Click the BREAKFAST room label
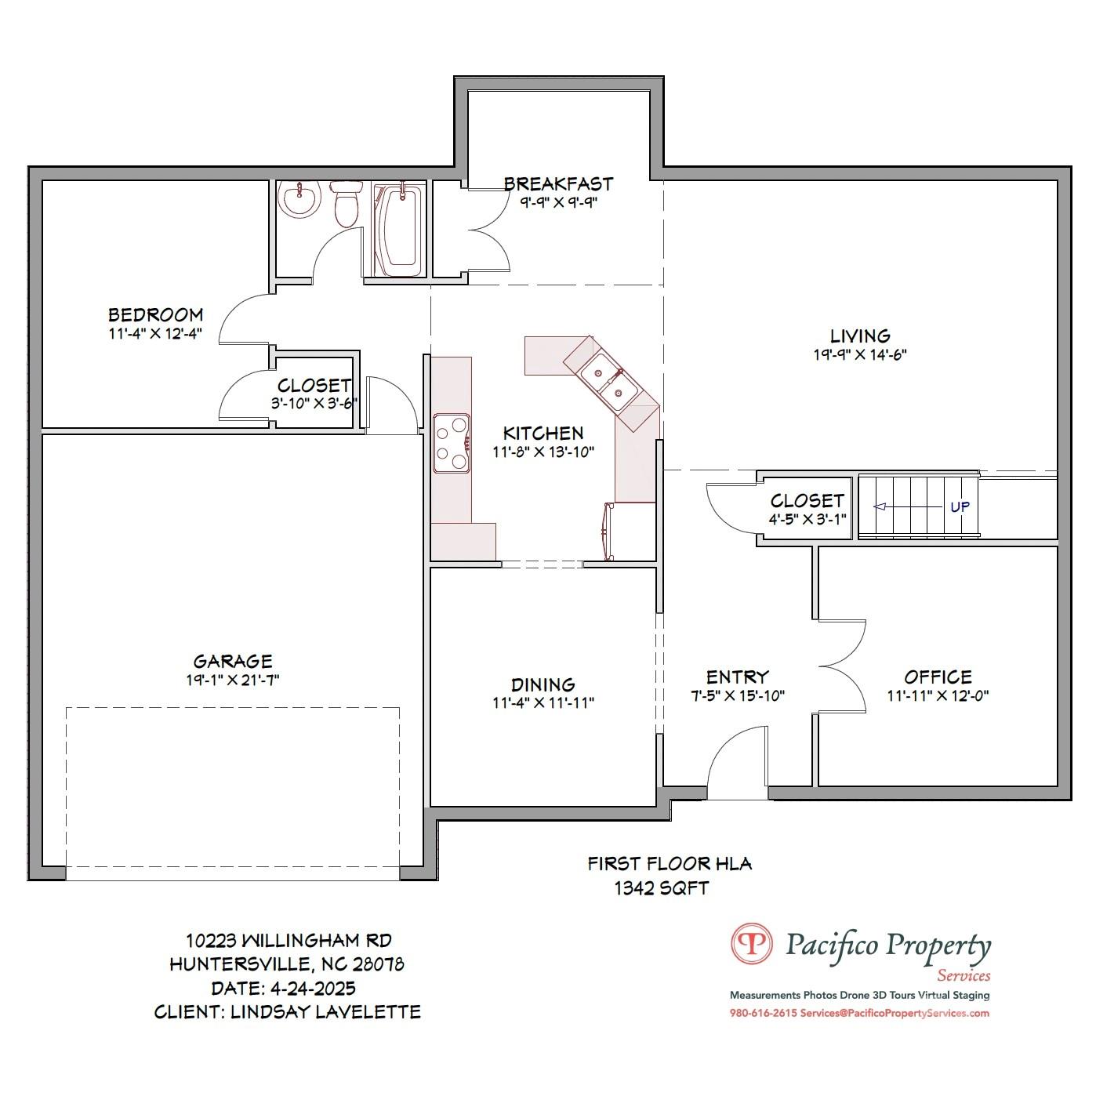pos(558,183)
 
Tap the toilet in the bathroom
pos(346,205)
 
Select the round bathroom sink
pos(299,199)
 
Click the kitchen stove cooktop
pos(452,444)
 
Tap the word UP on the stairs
pos(960,506)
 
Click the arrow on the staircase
pos(881,507)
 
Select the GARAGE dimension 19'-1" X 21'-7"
pos(233,680)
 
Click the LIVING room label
pos(860,336)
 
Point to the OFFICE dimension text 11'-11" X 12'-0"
pos(938,696)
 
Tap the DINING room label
pos(543,684)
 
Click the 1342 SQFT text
pos(662,888)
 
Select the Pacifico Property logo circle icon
pos(751,943)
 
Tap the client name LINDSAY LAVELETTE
pos(325,1012)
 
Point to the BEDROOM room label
pos(155,314)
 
